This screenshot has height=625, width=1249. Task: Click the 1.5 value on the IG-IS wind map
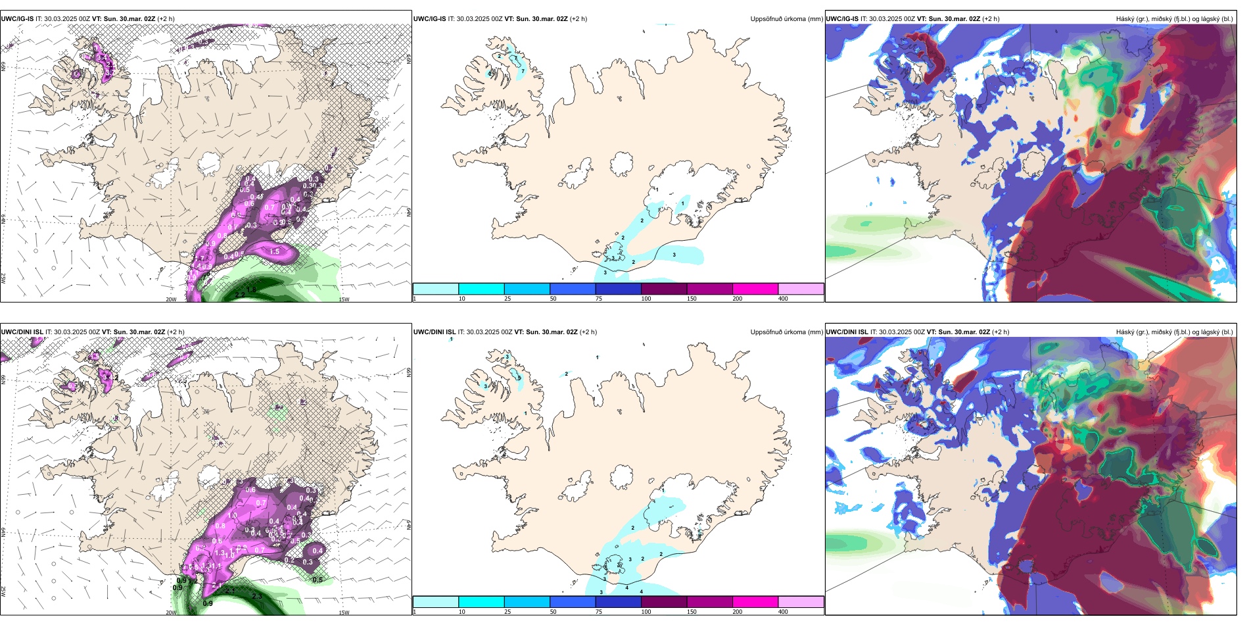click(x=275, y=251)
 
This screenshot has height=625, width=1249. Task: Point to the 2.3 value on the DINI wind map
click(x=257, y=596)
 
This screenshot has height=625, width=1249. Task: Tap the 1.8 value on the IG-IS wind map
click(x=251, y=281)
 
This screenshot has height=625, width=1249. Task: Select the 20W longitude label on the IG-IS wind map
click(x=171, y=299)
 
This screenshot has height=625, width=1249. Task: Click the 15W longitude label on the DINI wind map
click(x=344, y=612)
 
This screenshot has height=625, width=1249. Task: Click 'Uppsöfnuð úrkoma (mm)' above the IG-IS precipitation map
click(x=786, y=19)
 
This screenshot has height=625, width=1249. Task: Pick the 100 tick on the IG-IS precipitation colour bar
click(x=646, y=299)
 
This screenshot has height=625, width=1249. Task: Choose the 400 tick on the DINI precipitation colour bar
click(x=783, y=612)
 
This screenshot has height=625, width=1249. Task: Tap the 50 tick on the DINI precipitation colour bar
click(x=553, y=612)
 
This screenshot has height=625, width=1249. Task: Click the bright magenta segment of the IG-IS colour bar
click(x=755, y=289)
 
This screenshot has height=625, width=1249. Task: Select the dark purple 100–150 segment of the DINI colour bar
click(x=663, y=602)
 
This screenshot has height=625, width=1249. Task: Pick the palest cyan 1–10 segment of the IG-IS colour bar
click(x=435, y=289)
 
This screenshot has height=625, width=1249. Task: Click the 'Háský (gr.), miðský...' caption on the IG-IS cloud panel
click(x=1174, y=19)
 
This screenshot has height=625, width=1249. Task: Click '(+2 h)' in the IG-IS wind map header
click(x=166, y=19)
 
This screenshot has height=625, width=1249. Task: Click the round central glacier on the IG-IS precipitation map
click(x=621, y=164)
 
